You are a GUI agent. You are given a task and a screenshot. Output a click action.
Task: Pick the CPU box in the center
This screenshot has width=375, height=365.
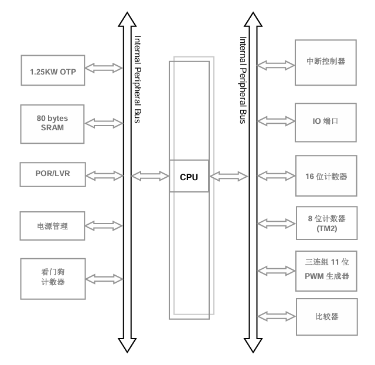[189, 175]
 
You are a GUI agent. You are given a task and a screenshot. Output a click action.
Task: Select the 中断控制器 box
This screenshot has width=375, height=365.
[325, 61]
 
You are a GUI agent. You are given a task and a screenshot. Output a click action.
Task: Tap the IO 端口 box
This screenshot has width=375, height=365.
[325, 122]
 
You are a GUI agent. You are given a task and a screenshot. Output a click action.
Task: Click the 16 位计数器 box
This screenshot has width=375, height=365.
[325, 175]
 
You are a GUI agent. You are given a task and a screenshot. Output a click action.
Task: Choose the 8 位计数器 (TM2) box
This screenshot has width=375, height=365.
[325, 223]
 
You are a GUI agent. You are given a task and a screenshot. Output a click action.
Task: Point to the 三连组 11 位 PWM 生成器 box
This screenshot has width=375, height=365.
[325, 271]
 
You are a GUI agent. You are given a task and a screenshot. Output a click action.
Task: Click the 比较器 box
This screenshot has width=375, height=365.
[325, 317]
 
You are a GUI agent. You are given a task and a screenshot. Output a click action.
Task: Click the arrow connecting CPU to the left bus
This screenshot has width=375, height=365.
[151, 175]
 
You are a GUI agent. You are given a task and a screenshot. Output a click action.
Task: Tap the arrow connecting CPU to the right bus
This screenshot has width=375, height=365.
[229, 175]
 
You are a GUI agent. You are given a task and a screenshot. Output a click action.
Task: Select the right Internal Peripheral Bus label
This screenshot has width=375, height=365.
[243, 79]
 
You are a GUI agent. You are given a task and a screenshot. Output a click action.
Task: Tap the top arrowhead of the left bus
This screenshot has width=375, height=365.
[127, 21]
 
